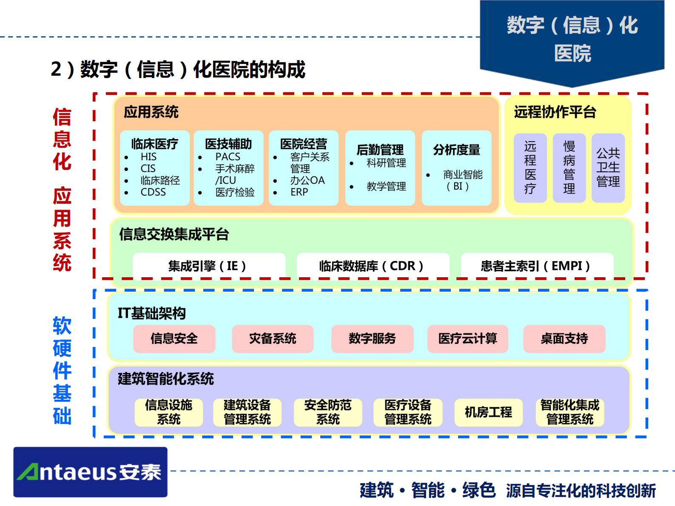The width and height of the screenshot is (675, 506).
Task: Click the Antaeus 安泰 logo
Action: click(90, 472)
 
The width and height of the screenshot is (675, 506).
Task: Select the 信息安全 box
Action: click(174, 338)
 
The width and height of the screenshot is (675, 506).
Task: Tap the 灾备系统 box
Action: click(273, 338)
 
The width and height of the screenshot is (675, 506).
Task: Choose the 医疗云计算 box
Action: click(467, 338)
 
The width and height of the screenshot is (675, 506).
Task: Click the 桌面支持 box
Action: click(564, 338)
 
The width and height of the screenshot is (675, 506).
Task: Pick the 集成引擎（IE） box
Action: click(208, 266)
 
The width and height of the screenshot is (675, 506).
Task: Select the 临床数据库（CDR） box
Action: click(373, 266)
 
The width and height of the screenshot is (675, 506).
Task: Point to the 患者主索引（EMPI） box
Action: click(537, 266)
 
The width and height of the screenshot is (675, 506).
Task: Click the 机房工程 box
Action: click(488, 412)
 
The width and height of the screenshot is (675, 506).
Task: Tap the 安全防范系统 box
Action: click(328, 412)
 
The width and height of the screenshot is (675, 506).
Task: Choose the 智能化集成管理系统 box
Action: click(570, 412)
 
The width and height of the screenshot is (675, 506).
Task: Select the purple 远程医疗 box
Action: click(530, 168)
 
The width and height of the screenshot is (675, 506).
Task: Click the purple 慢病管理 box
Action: click(569, 168)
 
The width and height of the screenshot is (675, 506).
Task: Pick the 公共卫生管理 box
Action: click(608, 168)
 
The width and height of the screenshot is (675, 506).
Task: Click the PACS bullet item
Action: click(228, 157)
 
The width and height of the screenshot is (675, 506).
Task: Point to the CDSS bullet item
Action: click(153, 192)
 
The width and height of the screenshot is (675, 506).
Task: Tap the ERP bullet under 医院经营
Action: click(299, 192)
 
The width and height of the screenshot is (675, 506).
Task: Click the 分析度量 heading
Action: click(456, 150)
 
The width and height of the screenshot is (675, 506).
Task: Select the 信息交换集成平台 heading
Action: click(174, 234)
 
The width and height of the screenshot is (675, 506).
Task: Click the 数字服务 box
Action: click(372, 338)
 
